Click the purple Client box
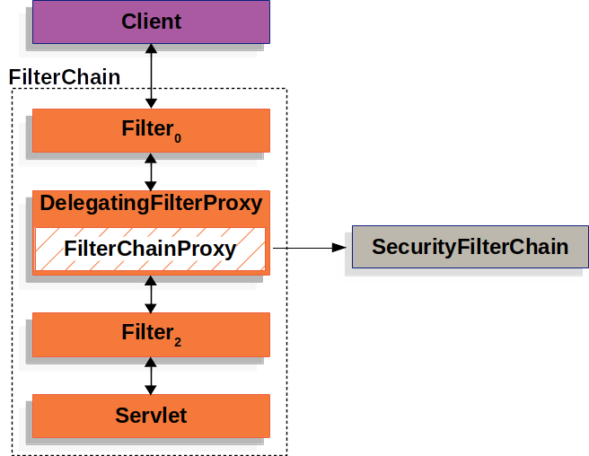pos(151,22)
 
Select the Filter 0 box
pos(151,130)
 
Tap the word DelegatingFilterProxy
pos(151,204)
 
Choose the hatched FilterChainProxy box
pos(151,249)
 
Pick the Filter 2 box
pos(151,334)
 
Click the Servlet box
pos(151,415)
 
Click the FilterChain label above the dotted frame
pos(64,77)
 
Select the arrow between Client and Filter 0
pos(151,76)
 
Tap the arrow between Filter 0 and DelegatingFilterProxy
pos(151,171)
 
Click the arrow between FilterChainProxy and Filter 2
pos(151,294)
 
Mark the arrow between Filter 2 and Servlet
pos(151,374)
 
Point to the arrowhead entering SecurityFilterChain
pos(339,247)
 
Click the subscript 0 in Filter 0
pos(177,137)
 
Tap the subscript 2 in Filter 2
pos(177,341)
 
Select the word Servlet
pos(151,416)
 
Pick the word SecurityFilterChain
pos(470,247)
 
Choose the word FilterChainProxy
pos(150,249)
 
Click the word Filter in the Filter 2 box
pos(146,332)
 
